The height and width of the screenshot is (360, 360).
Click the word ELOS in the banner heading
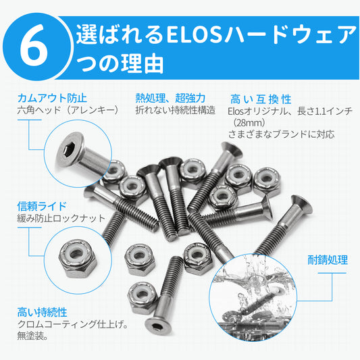pyautogui.click(x=195, y=35)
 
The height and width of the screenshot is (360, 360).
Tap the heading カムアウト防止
pyautogui.click(x=53, y=98)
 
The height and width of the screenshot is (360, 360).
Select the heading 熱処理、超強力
pyautogui.click(x=170, y=98)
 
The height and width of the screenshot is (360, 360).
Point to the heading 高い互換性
pyautogui.click(x=261, y=99)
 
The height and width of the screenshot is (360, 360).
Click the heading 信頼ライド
pyautogui.click(x=42, y=206)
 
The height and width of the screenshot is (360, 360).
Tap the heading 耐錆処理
pyautogui.click(x=328, y=260)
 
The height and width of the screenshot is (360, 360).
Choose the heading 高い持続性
pyautogui.click(x=43, y=312)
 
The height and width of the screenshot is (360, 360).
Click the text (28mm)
pyautogui.click(x=249, y=123)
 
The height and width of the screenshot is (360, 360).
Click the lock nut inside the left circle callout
pyautogui.click(x=78, y=258)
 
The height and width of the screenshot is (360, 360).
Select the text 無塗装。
pyautogui.click(x=32, y=336)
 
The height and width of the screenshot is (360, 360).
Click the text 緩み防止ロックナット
pyautogui.click(x=61, y=218)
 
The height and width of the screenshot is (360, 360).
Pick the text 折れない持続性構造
pyautogui.click(x=176, y=110)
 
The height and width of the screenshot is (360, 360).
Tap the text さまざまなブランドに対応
pyautogui.click(x=281, y=134)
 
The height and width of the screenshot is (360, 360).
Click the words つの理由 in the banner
pyautogui.click(x=120, y=63)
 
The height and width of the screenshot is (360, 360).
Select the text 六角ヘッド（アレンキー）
pyautogui.click(x=68, y=110)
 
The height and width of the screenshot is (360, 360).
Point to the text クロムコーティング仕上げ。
pyautogui.click(x=72, y=324)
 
